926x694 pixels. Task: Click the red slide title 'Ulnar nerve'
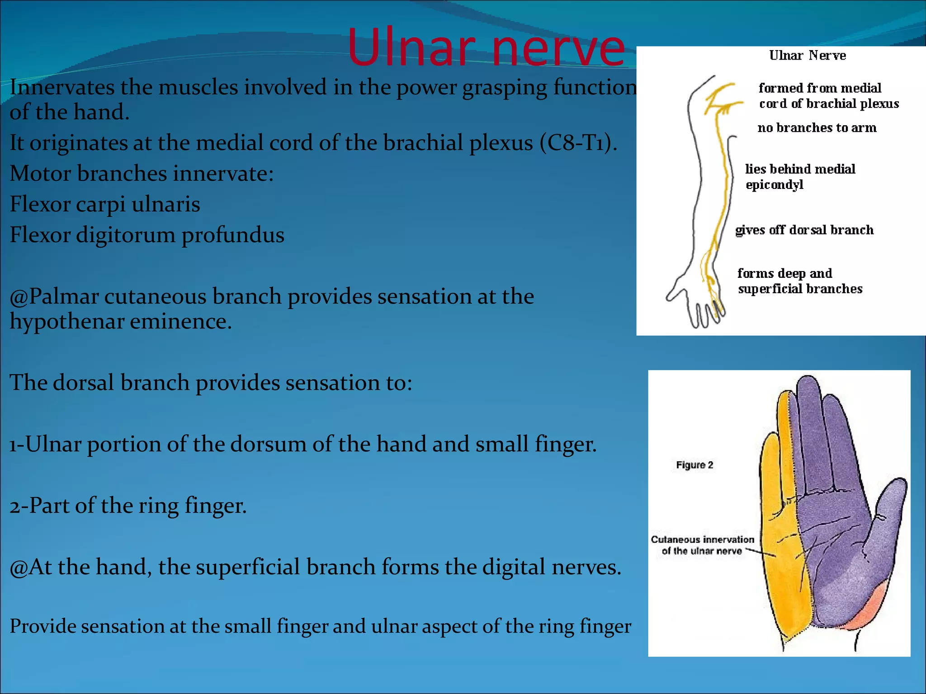coord(486,47)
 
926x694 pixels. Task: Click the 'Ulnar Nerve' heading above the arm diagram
coord(807,56)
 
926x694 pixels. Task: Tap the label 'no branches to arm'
coord(817,128)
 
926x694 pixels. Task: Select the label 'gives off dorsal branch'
coord(804,230)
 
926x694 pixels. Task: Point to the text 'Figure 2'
coord(694,465)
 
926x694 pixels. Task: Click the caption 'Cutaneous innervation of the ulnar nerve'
coord(702,545)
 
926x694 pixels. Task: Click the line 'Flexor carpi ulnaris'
coord(105,204)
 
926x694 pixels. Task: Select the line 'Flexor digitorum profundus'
coord(147,235)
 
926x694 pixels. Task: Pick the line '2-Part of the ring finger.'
coord(128,506)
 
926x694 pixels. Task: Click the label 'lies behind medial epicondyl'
coord(799,177)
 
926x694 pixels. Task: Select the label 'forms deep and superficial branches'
coord(799,281)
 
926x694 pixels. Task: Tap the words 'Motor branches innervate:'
coord(142,173)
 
